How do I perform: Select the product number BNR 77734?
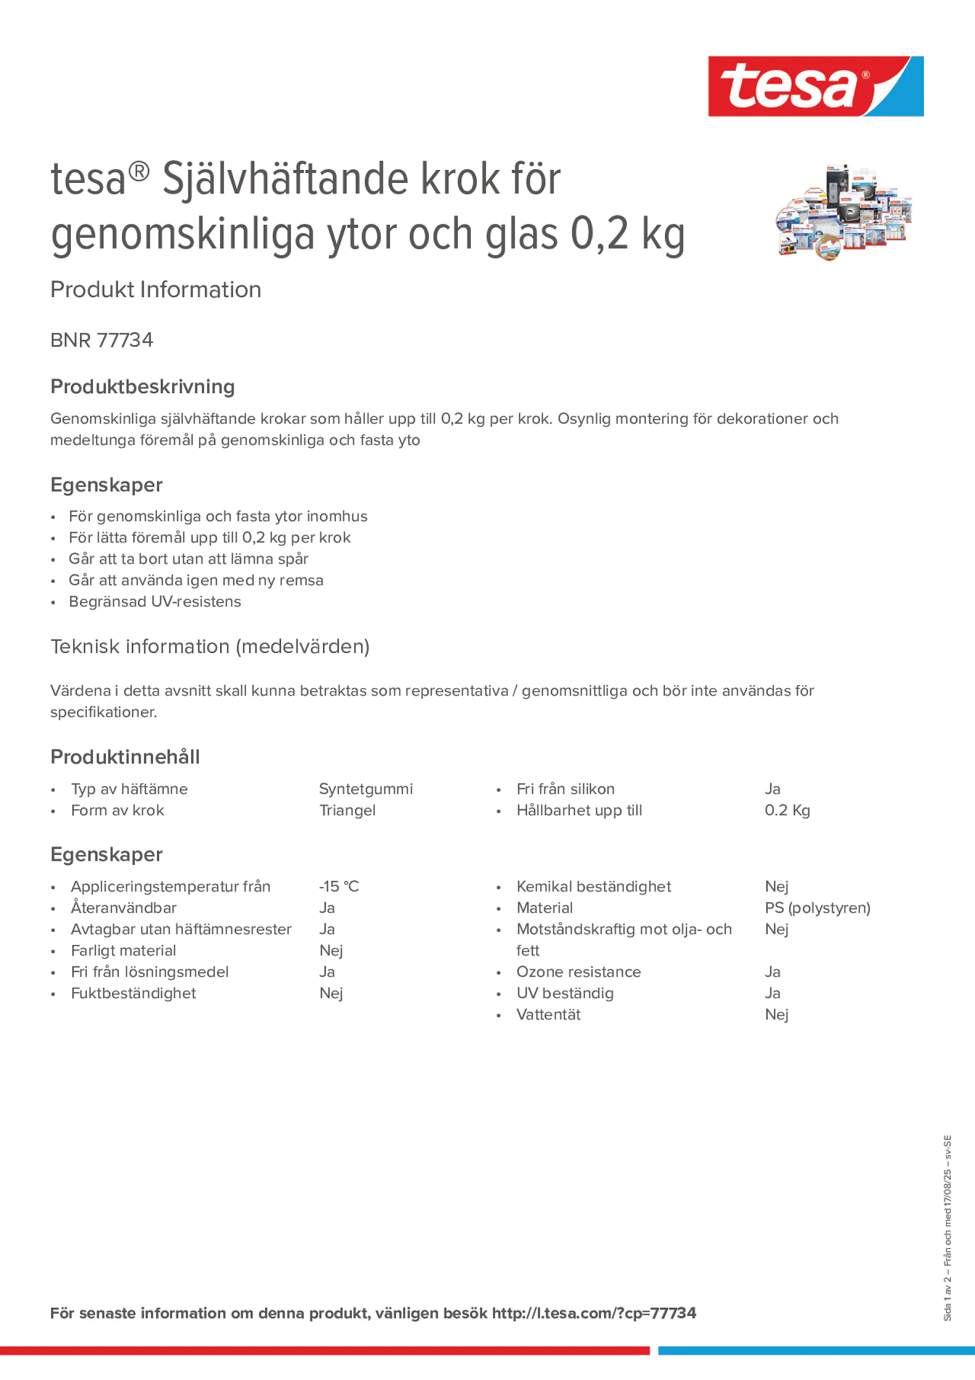tap(102, 340)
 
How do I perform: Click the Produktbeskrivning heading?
tap(143, 386)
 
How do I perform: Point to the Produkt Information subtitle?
tap(156, 290)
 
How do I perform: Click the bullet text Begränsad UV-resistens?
tap(154, 601)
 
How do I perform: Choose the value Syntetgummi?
tap(365, 788)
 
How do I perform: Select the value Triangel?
tap(347, 810)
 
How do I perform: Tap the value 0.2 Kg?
tap(787, 810)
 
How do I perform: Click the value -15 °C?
tap(338, 886)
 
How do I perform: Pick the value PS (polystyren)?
tap(817, 908)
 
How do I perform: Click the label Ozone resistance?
tap(578, 972)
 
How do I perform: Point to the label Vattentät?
tap(548, 1015)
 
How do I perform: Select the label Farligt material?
tap(123, 950)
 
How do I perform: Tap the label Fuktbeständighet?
tap(133, 993)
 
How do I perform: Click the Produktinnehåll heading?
tap(125, 757)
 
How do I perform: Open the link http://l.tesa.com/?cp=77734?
tap(593, 1313)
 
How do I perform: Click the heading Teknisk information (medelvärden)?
tap(210, 647)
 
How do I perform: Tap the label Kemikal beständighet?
tap(593, 886)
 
